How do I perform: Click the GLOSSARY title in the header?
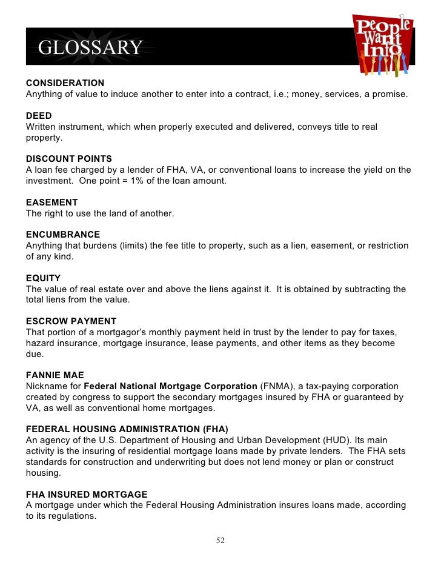tap(90, 47)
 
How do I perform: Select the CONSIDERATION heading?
tap(65, 83)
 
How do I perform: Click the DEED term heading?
tap(39, 116)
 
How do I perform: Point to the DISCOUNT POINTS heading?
tap(69, 159)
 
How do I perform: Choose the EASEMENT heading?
tap(51, 202)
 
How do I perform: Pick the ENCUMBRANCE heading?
tap(63, 235)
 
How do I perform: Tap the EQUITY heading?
tap(43, 278)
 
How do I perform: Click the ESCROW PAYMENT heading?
tap(71, 321)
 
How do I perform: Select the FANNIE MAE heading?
tap(55, 375)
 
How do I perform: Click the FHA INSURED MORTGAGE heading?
tap(87, 494)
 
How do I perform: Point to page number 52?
tap(220, 541)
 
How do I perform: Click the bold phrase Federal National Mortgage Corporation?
tap(170, 386)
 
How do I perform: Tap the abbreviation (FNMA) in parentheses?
tap(277, 386)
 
